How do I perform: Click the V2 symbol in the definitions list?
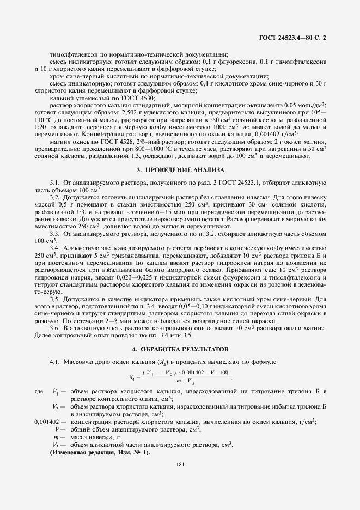(56, 407)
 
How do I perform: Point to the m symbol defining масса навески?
(56, 437)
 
